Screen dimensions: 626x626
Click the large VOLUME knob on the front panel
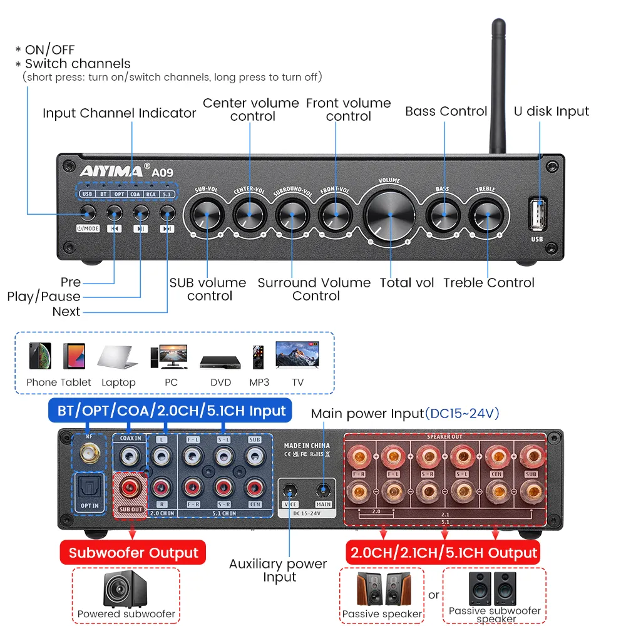[x=389, y=214]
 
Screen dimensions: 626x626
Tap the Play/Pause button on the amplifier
[x=140, y=213]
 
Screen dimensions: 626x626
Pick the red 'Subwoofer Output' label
[x=133, y=553]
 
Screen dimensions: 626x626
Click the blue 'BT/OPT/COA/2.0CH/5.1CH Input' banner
[x=172, y=411]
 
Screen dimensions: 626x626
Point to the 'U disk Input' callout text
[x=551, y=111]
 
